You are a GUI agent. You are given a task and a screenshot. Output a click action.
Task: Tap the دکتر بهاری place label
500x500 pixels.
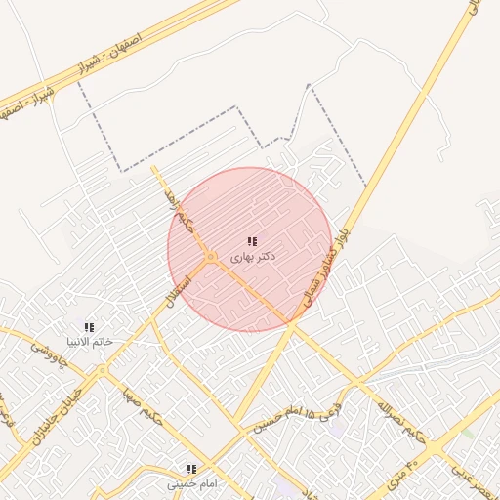tap(252, 256)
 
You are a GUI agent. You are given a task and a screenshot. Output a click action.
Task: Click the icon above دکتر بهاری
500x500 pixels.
tap(252, 241)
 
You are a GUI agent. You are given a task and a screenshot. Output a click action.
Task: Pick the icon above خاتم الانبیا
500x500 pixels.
tap(90, 327)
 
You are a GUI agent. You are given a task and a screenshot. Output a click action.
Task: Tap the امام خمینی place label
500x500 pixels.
tap(191, 483)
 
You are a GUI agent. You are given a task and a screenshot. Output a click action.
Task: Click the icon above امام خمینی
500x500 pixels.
tap(191, 469)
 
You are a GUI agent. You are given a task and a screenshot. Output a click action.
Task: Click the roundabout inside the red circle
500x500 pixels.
tap(211, 257)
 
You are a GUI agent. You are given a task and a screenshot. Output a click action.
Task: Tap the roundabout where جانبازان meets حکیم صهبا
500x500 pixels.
tap(103, 371)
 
